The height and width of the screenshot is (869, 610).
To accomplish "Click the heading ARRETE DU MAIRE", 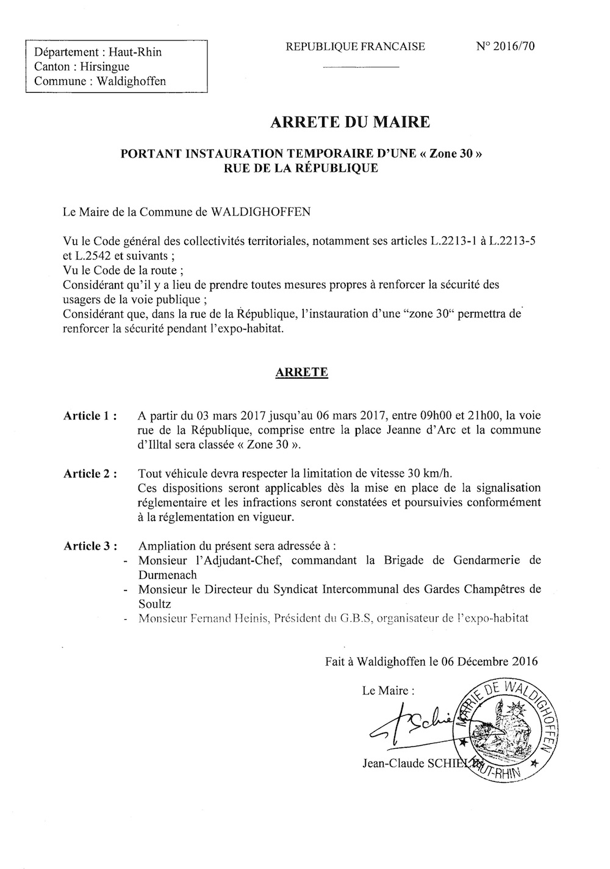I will click(x=350, y=122).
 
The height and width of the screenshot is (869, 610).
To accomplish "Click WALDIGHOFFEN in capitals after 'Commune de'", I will click(x=260, y=213).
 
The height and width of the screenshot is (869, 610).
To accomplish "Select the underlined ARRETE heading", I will click(x=302, y=373).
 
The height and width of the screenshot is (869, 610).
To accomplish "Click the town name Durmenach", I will click(x=168, y=575).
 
